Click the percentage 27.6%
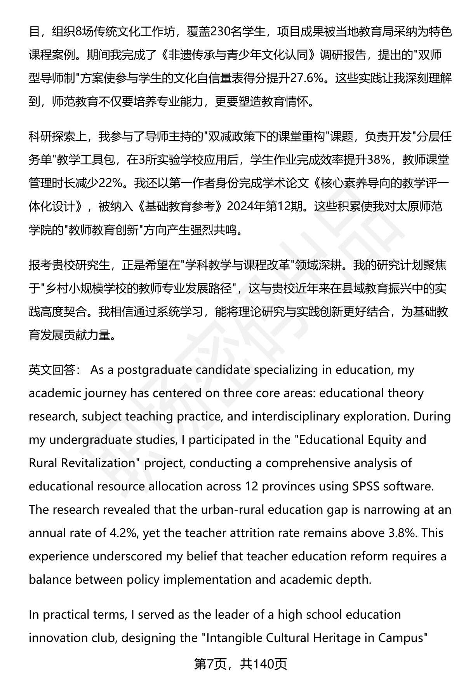(x=308, y=78)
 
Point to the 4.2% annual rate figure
(x=125, y=533)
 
